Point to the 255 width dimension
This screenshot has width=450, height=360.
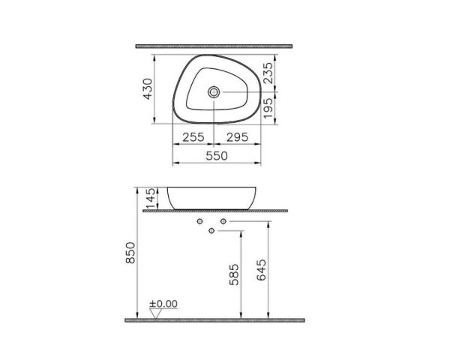coord(193,136)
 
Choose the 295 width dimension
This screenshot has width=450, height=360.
coord(237,136)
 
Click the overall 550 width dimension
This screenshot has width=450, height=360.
coord(216,155)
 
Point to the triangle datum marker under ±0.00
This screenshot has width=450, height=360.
coord(155,313)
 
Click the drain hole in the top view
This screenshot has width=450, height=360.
coord(215,92)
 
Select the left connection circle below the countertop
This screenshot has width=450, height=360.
coord(200,223)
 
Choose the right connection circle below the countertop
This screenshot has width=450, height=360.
coord(223,223)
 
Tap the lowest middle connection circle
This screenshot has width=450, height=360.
coord(211,229)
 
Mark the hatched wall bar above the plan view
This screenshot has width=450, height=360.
coord(218,46)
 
